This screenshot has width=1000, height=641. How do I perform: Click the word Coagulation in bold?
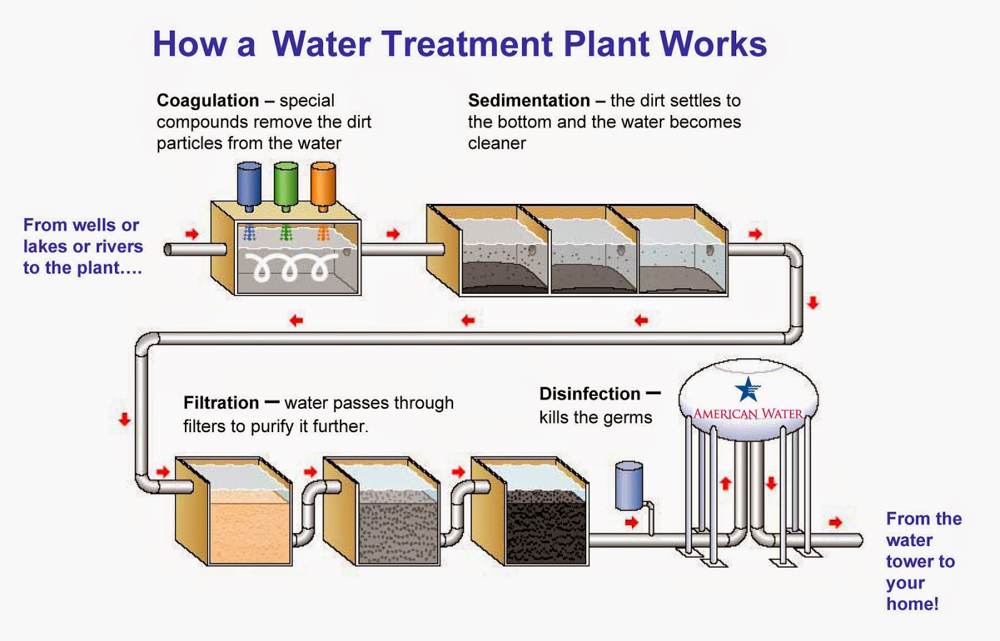[x=207, y=101]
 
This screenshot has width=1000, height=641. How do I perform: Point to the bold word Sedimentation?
[x=529, y=101]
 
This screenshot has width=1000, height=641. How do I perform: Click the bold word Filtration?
[x=221, y=403]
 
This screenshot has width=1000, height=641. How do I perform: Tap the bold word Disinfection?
[x=589, y=394]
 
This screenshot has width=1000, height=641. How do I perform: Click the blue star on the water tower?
[x=747, y=390]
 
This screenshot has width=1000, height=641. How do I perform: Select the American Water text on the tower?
[x=748, y=414]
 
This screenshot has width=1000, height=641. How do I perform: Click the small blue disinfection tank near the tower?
[x=629, y=486]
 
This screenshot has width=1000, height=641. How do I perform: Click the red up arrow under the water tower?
[x=726, y=483]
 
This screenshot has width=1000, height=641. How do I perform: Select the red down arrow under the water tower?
[x=771, y=483]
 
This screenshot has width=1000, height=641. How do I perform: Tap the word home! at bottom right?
[x=912, y=604]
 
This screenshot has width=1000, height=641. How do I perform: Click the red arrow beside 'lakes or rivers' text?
[x=192, y=234]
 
